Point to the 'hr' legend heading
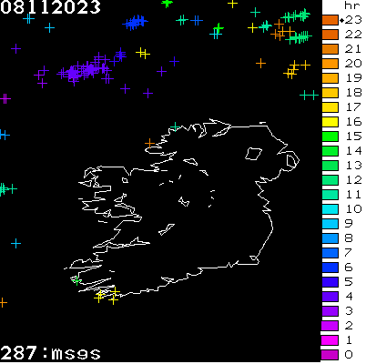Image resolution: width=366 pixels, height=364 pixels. coord(348,5)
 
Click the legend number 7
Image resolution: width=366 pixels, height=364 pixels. coord(349,252)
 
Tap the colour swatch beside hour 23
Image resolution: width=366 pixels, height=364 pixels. coord(330,19)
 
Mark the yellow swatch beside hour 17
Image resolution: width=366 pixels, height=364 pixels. coord(330,106)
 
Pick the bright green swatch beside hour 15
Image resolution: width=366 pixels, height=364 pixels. coord(330,136)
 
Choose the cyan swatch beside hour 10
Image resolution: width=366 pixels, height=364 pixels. coord(330,208)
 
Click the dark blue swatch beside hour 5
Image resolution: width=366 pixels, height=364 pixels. coord(330,281)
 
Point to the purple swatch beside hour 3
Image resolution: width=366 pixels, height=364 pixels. coord(330,310)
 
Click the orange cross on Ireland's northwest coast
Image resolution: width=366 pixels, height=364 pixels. coord(150,143)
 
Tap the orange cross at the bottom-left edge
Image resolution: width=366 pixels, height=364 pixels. coord(3,302)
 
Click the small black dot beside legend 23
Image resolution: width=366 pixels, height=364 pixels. coord(341,19)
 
